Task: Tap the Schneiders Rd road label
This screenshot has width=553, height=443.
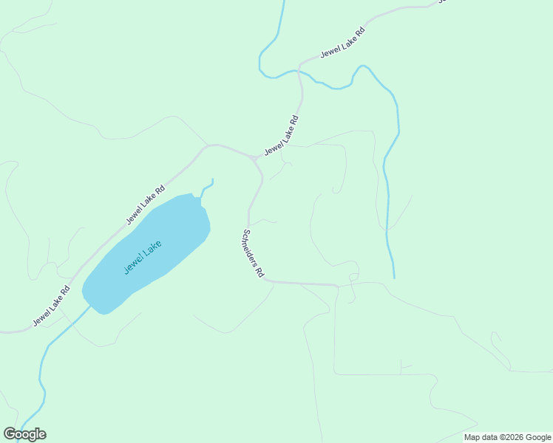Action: click(253, 253)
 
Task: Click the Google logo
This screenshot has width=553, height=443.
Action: click(25, 434)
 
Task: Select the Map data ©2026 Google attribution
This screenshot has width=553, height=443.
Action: click(507, 437)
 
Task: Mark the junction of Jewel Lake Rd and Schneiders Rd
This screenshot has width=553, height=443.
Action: click(255, 159)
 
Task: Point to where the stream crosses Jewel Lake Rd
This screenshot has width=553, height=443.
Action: click(298, 71)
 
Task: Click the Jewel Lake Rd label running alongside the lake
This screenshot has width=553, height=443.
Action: click(151, 204)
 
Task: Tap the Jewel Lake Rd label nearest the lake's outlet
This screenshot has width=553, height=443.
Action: click(51, 306)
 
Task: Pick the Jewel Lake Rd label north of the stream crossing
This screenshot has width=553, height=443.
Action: click(343, 44)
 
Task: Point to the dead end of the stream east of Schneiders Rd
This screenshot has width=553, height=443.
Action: click(394, 278)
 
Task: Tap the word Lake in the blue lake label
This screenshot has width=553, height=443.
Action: click(152, 250)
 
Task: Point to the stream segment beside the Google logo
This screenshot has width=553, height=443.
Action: click(37, 418)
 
